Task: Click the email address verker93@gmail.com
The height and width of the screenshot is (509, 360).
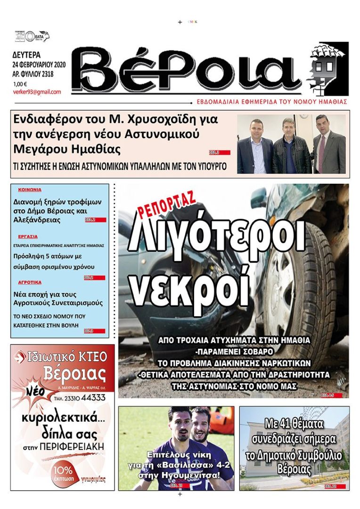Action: tap(37, 92)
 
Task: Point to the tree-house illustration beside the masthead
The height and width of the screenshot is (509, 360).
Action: tap(328, 68)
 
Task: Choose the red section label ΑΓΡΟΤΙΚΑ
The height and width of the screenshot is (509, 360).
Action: tap(30, 282)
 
